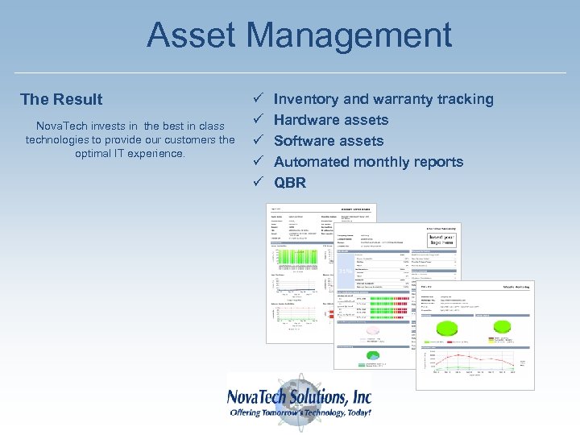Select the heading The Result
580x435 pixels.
[61, 99]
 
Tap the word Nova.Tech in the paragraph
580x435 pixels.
[64, 126]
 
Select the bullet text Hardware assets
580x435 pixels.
[331, 120]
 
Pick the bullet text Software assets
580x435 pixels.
[329, 141]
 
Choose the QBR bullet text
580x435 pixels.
[290, 183]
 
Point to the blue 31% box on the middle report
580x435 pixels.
[344, 271]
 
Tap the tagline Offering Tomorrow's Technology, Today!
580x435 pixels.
[300, 412]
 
